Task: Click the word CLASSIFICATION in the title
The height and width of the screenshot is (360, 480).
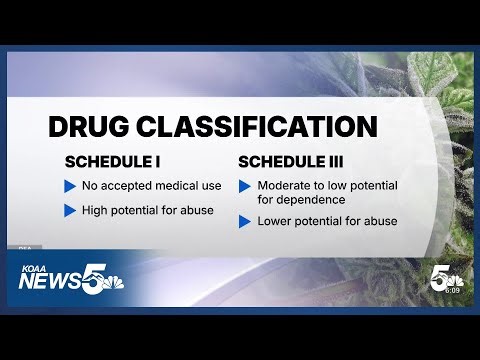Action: click(262, 127)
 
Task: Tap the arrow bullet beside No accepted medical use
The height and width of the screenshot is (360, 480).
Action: click(70, 186)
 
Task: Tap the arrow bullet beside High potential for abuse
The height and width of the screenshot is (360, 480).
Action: click(70, 210)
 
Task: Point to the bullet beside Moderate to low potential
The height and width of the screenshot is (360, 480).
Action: click(244, 186)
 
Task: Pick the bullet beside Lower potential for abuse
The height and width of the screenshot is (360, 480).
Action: click(244, 221)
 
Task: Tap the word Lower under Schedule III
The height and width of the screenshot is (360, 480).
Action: click(277, 221)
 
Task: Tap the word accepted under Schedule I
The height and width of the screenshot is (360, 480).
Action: click(128, 186)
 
